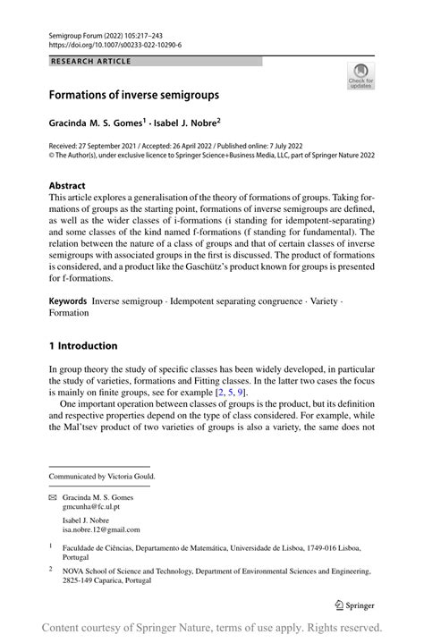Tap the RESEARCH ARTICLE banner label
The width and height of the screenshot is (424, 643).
(x=92, y=62)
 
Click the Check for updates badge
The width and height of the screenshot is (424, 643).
(x=360, y=76)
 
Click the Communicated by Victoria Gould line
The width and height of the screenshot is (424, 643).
(x=102, y=477)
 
